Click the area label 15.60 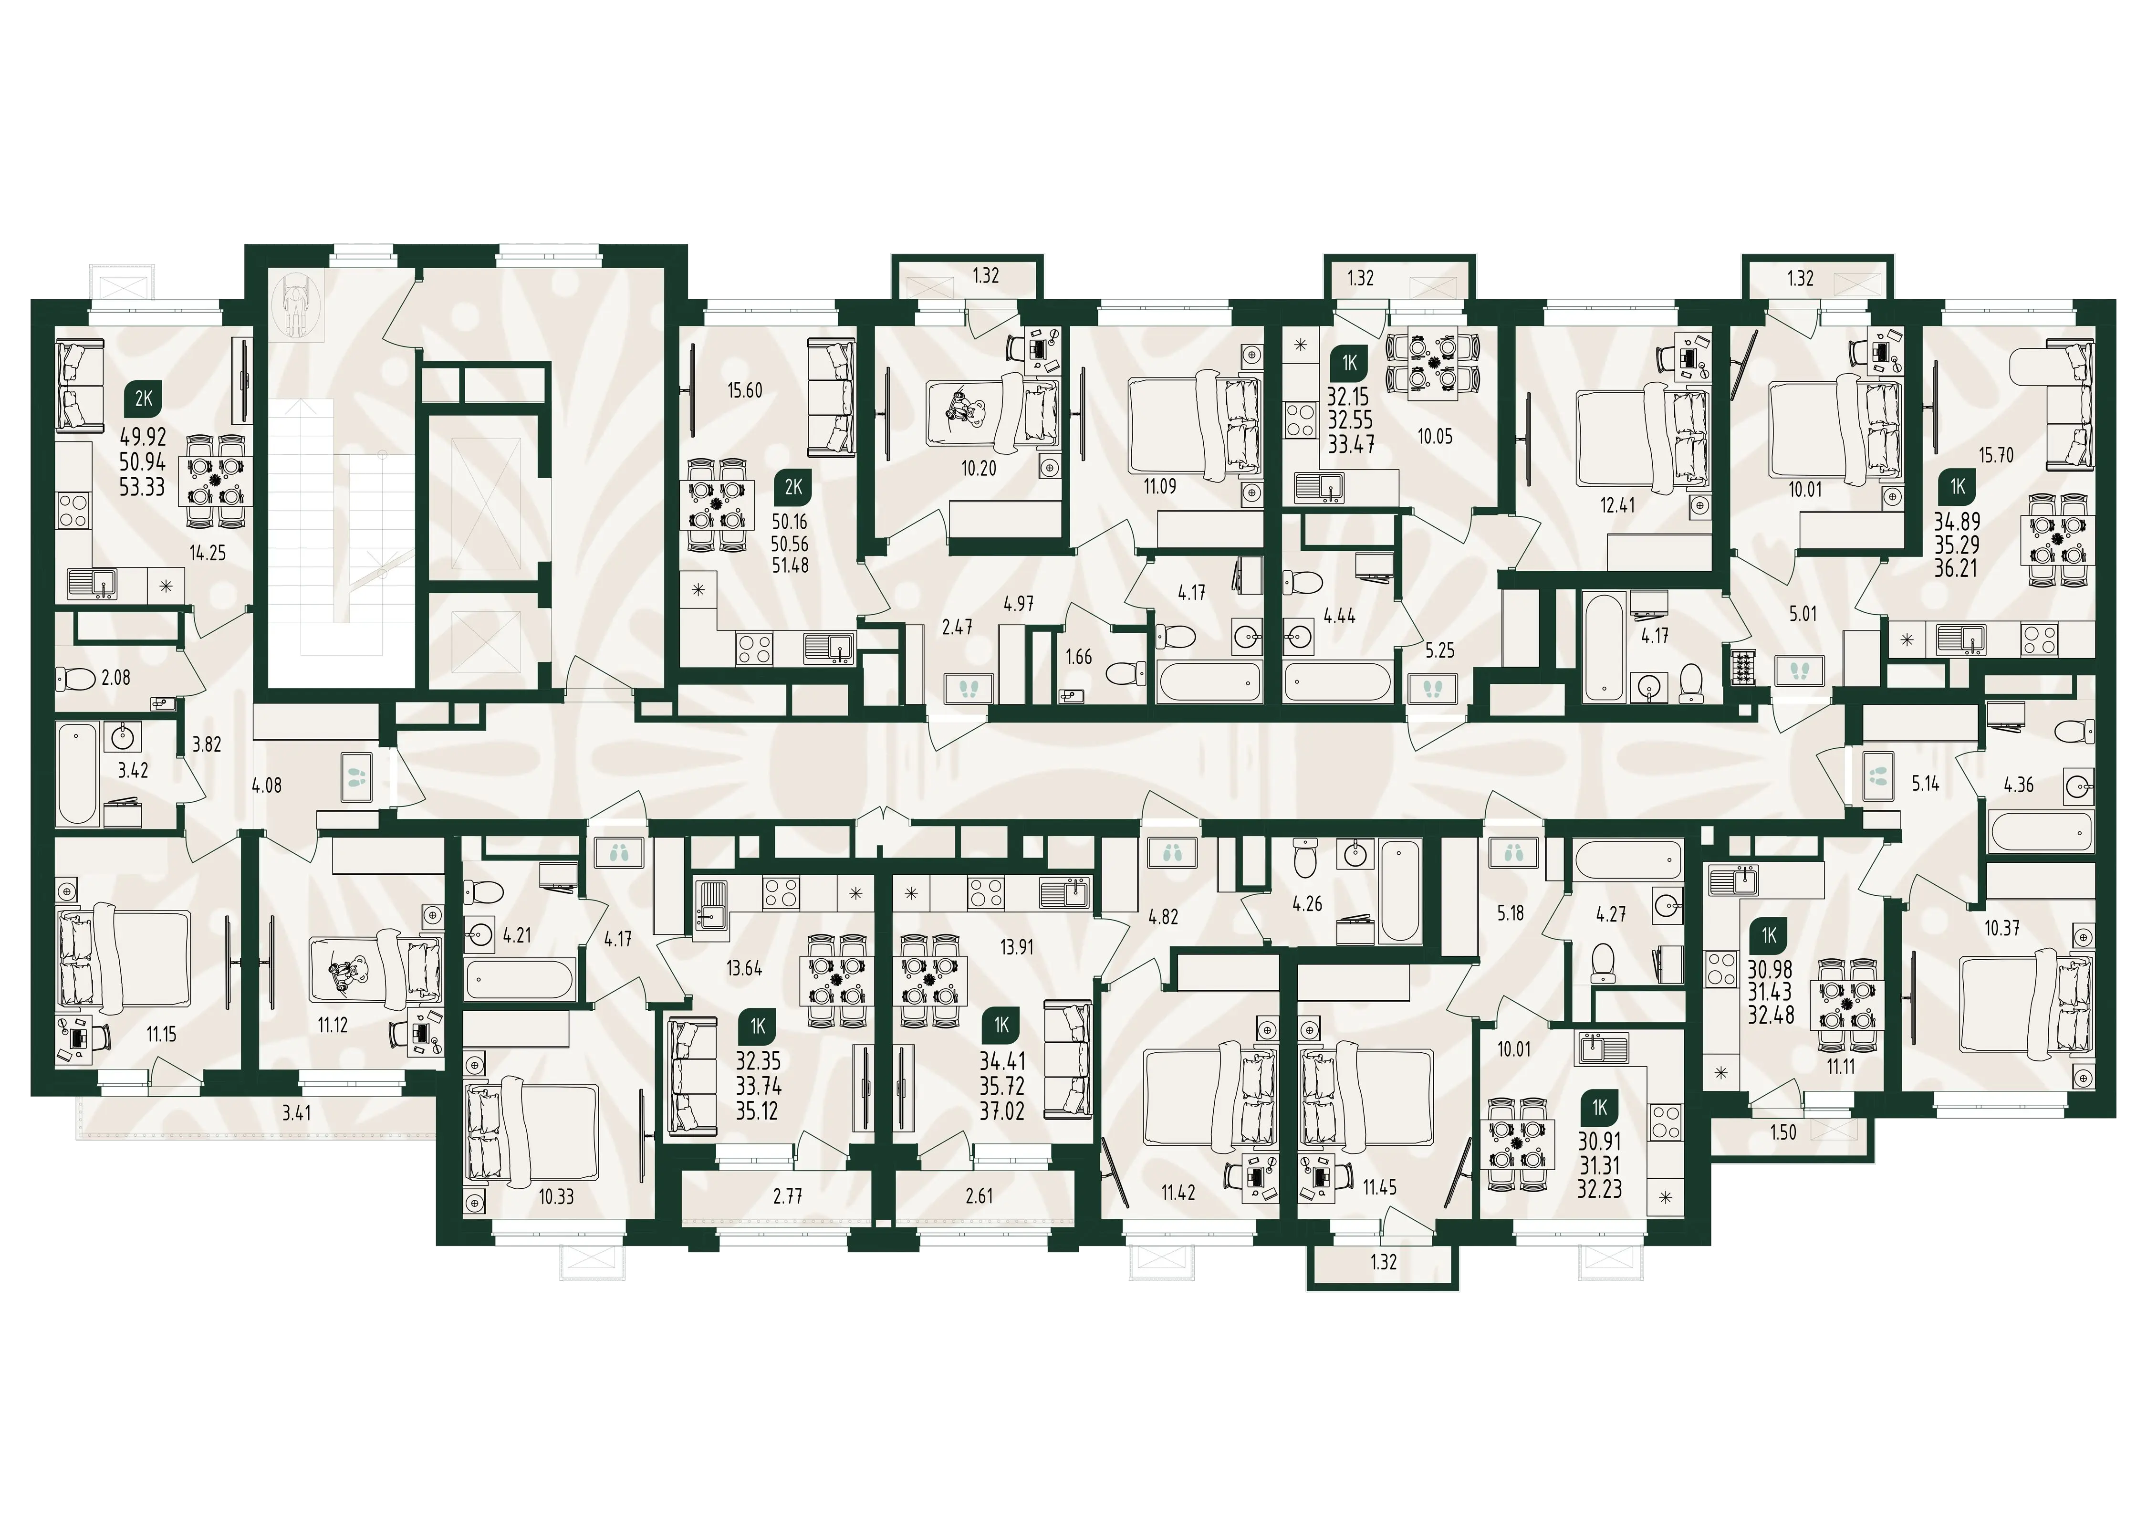745,391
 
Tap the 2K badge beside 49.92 143,399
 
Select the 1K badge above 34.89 1957,486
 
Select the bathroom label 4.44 1339,617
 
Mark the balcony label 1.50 1783,1133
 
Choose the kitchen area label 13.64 744,969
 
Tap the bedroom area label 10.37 2002,928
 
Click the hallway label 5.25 1440,651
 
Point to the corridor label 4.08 267,786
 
